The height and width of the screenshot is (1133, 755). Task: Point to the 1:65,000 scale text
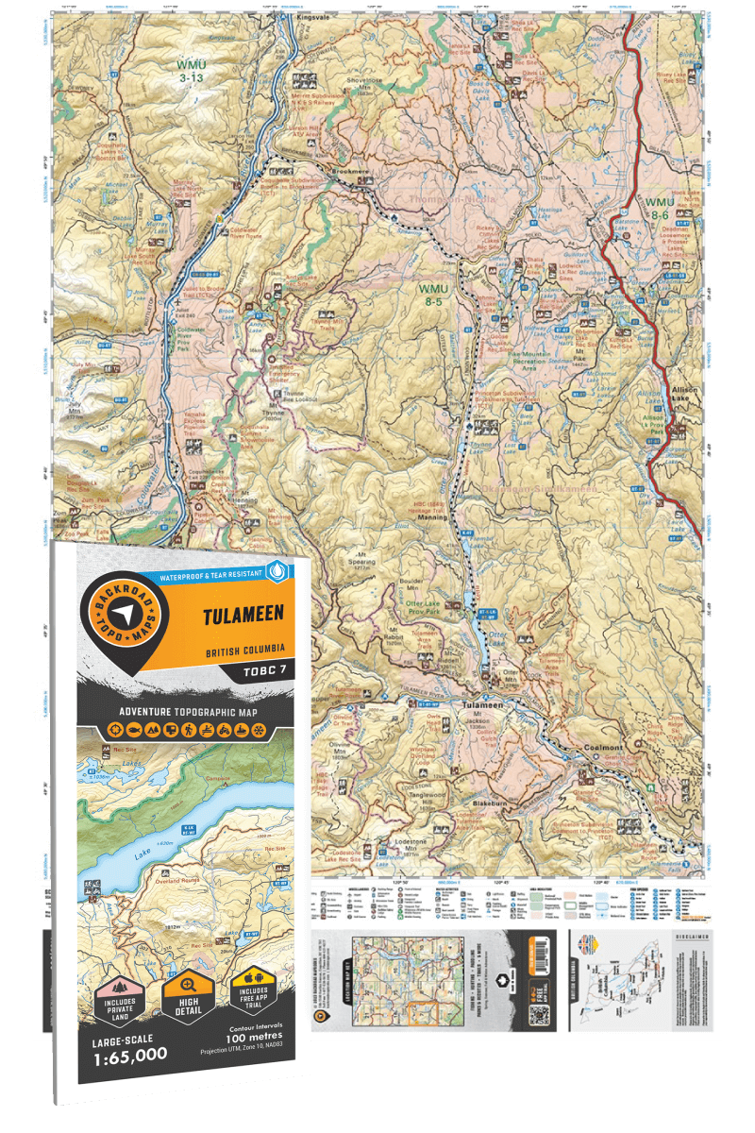click(x=126, y=1054)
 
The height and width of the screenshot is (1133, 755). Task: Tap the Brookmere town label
click(x=348, y=172)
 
